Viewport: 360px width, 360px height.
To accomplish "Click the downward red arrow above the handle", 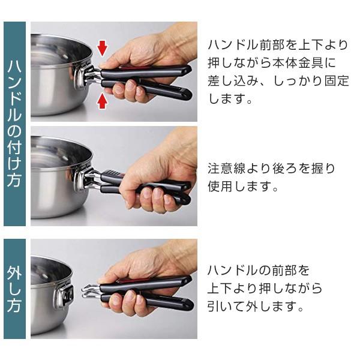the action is coord(102,48).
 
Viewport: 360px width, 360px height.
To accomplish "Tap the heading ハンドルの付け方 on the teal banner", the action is coord(14,124).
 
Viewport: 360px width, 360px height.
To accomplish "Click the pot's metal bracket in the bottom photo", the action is coord(64,296).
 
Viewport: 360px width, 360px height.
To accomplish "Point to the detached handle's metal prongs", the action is coord(91,290).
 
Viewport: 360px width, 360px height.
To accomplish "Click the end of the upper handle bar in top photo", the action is coord(187,70).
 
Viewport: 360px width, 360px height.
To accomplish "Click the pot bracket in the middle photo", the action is coord(81,179).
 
